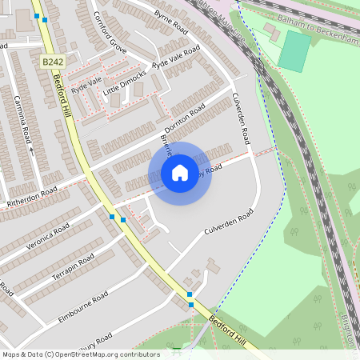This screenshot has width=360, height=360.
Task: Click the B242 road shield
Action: tap(53, 62)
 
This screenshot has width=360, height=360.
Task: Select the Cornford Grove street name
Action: tap(110, 30)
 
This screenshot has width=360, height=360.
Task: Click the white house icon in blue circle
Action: tap(180, 173)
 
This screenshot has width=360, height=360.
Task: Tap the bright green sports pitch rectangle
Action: tap(295, 50)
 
